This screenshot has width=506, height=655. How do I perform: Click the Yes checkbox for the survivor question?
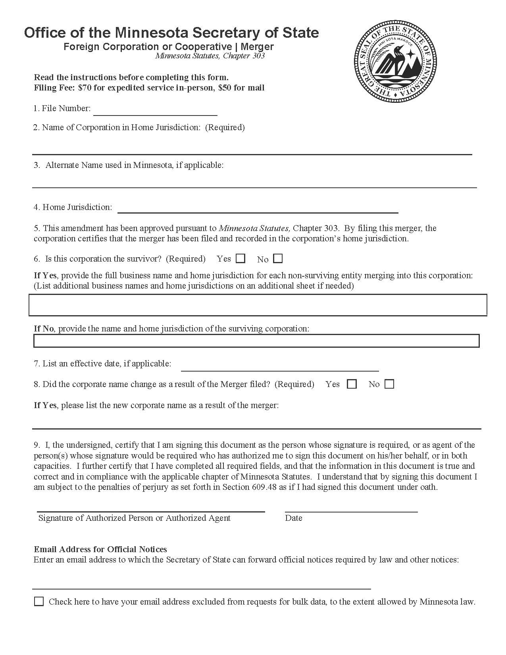click(x=240, y=258)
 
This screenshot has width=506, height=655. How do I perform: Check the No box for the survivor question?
click(x=278, y=258)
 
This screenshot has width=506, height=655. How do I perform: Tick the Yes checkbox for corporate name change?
click(x=352, y=384)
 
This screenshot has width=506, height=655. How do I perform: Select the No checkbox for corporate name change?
click(x=389, y=384)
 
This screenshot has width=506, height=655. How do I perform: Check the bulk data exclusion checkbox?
click(x=39, y=601)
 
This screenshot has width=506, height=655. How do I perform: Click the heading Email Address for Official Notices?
click(x=100, y=549)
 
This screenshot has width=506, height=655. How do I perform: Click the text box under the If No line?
click(x=256, y=341)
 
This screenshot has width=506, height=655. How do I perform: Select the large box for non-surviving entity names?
click(x=258, y=305)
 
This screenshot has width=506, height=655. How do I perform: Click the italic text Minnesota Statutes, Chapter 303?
click(x=210, y=56)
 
